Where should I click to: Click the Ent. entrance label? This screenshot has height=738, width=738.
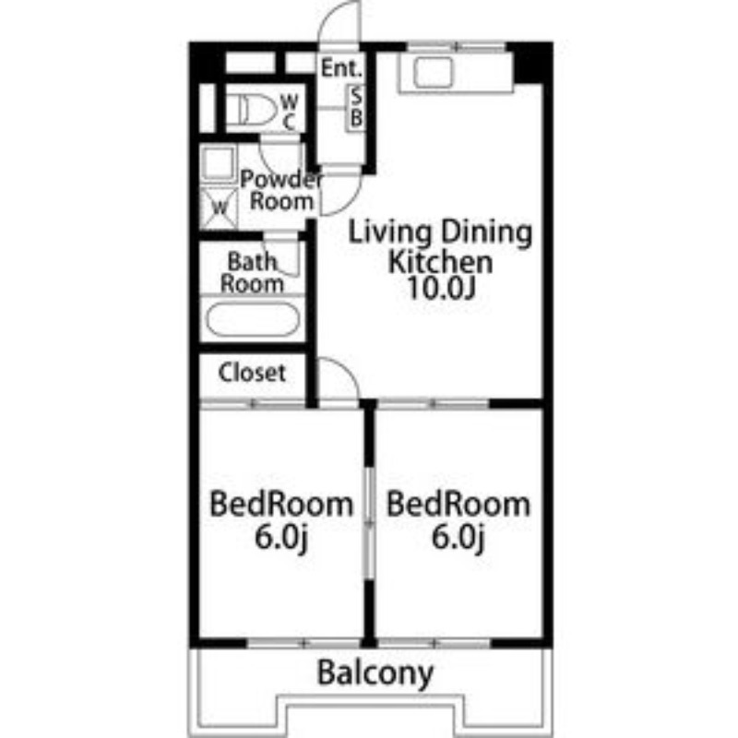pos(341,68)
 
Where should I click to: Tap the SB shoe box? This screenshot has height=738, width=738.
pos(356,108)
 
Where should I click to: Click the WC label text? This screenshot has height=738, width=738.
pos(290,112)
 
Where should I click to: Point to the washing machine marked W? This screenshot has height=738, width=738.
pos(219,208)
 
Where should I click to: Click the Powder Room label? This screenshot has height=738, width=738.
pos(281,190)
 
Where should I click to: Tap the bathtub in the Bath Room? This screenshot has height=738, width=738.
pos(253,319)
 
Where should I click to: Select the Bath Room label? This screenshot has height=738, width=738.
pos(252,273)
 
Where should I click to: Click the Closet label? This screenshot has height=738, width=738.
pos(252,373)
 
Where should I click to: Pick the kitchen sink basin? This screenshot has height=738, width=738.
pos(434,73)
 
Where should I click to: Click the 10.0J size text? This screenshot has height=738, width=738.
pos(442,288)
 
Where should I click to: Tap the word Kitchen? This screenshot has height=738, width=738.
pos(441,262)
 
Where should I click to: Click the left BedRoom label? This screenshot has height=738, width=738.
pos(281,504)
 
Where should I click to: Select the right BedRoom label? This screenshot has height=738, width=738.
pos(458,504)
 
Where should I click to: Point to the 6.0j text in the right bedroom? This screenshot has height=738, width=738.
pos(458,537)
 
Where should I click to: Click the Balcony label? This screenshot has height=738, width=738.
pos(375,673)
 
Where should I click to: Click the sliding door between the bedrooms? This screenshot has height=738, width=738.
pos(370,522)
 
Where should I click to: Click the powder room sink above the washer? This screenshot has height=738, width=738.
pos(219,163)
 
